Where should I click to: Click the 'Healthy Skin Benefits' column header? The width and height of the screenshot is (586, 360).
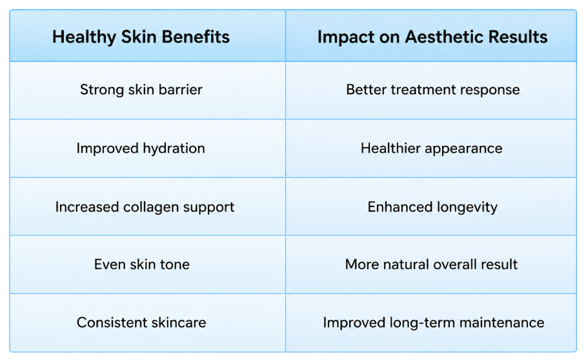coord(141,37)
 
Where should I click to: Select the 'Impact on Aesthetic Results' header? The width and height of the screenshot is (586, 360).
coord(432,37)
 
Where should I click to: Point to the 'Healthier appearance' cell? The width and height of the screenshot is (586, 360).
coord(432,148)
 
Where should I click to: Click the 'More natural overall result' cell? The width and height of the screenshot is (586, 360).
coord(431,265)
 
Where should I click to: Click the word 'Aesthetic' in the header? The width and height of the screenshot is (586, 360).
coord(445,37)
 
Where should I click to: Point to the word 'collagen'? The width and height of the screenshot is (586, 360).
coord(151,208)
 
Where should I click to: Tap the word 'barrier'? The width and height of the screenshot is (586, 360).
coord(181,90)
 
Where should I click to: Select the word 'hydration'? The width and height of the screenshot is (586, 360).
coord(174,148)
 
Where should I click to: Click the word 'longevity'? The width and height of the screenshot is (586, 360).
coord(467,208)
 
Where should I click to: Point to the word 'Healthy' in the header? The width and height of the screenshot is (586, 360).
coord(84,37)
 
